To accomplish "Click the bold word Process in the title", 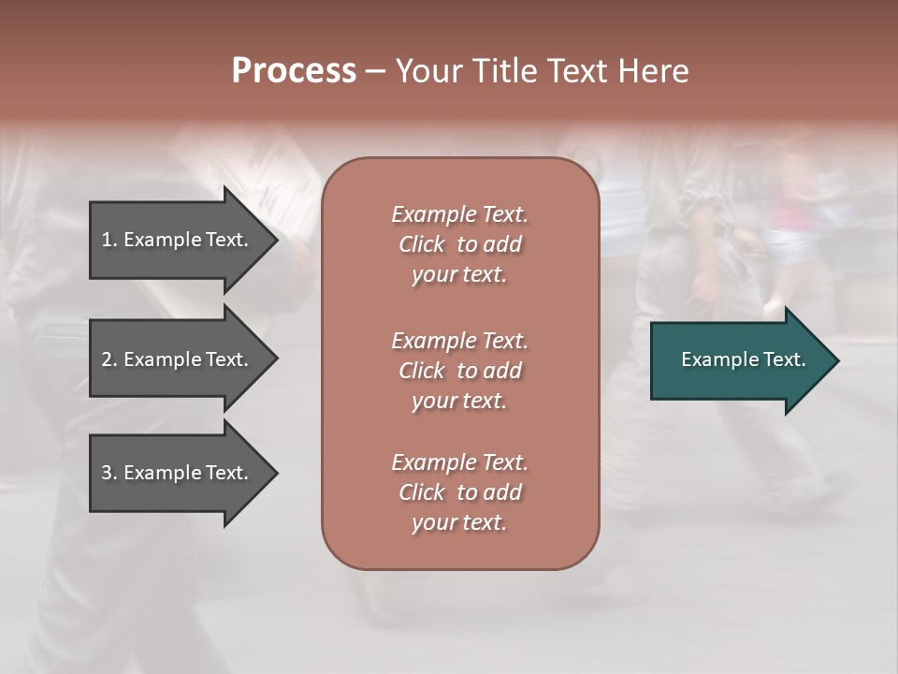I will coord(294,71).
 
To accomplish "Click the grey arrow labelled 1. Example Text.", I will coord(175,240).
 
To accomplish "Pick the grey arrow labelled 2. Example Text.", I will coord(175,359).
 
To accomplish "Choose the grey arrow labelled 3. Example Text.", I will coord(175,473).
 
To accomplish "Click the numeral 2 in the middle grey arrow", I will coord(107,359).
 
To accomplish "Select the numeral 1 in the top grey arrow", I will coord(107,240).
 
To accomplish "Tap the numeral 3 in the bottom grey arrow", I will coord(107,473).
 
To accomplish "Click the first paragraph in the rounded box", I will coord(459,244).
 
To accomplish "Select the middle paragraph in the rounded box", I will coord(459,371).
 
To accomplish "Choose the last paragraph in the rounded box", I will coord(459,492).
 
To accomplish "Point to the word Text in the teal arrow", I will coord(784,359).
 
